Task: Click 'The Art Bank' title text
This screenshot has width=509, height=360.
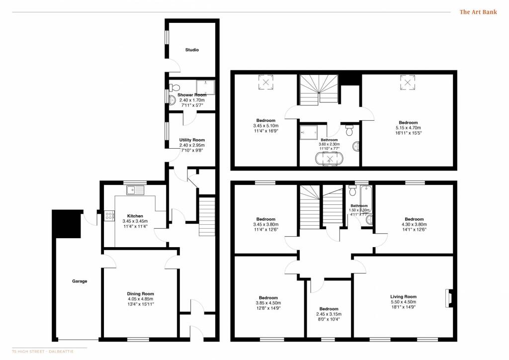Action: pos(478,12)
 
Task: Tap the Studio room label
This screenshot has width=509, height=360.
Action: pos(192,50)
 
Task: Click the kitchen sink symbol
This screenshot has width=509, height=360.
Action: pos(135,189)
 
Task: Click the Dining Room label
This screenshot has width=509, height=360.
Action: pos(141,294)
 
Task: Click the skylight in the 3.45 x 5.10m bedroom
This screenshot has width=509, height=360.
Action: pos(266,82)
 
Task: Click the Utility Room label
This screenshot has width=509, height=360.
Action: pos(192,140)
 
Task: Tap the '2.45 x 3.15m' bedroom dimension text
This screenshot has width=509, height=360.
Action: pos(329,314)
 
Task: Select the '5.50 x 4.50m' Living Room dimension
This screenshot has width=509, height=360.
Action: pos(403,302)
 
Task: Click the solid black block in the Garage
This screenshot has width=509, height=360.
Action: pos(66,223)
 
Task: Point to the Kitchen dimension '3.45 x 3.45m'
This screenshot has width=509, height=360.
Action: pos(136,221)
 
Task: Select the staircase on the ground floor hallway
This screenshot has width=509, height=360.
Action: pos(207,217)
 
